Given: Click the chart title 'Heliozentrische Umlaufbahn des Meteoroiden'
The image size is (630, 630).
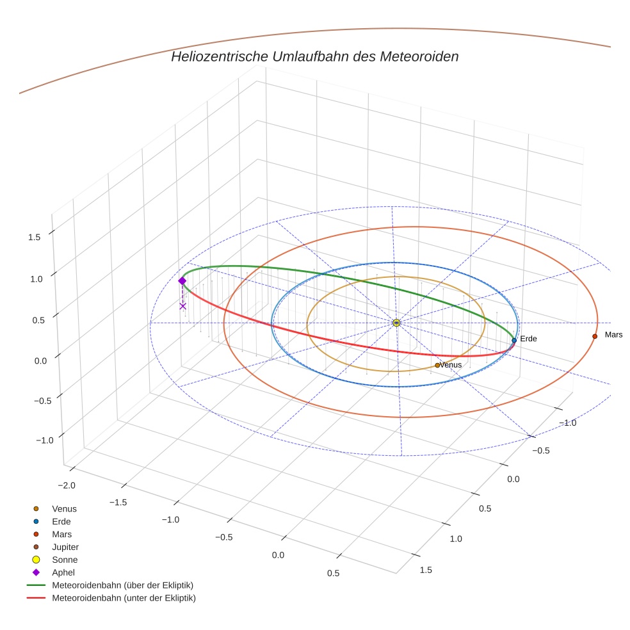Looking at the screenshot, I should click(x=314, y=56).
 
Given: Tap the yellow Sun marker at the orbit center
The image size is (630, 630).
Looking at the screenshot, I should click(x=396, y=323).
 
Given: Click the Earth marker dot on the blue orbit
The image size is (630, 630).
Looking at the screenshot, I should click(x=514, y=340).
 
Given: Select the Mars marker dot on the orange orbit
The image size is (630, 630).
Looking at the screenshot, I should click(x=595, y=336).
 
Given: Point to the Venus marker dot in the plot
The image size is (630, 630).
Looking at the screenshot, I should click(x=437, y=365).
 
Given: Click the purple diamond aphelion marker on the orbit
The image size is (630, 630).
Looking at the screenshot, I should click(x=182, y=281).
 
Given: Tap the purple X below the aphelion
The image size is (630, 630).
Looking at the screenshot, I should click(x=182, y=306).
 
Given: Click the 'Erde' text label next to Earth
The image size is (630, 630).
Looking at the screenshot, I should click(x=528, y=339).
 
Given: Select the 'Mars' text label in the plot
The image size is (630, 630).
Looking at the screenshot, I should click(x=613, y=335).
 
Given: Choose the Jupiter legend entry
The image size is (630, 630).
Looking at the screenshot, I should click(x=65, y=547).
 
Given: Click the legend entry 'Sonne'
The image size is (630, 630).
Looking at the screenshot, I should click(x=65, y=560).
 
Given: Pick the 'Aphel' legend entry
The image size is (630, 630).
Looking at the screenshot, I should click(x=63, y=572).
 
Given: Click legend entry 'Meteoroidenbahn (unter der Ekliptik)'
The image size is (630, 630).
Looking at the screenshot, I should click(x=124, y=598).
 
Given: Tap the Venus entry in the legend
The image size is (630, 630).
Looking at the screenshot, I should click(x=64, y=509).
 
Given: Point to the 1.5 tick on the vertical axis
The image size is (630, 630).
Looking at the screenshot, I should click(x=34, y=237).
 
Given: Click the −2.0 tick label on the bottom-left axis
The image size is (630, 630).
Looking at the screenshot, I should click(x=67, y=485).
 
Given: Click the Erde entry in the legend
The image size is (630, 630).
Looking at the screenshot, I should click(x=61, y=521).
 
